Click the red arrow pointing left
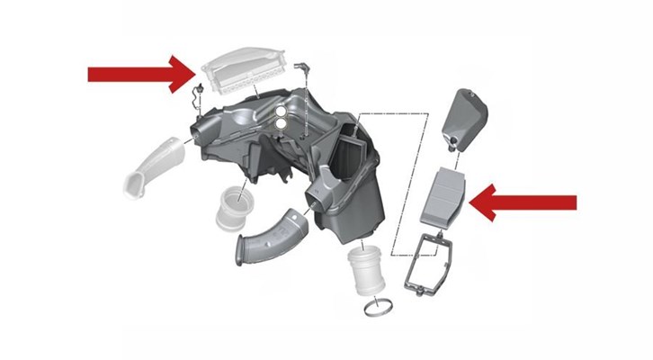[x=531, y=202]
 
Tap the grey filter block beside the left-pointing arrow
[x=444, y=198]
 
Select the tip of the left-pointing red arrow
[x=473, y=202]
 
